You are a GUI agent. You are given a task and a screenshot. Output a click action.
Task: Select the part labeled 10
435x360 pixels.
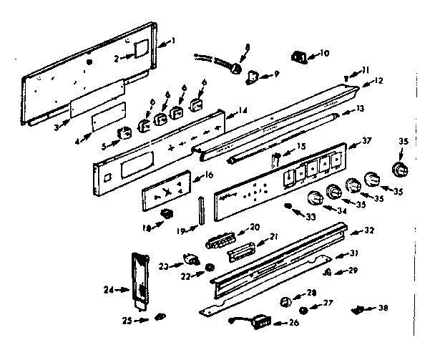point(298,56)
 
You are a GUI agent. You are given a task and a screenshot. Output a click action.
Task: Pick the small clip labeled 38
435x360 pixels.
point(362,310)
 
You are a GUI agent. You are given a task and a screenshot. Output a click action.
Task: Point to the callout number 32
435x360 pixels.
point(370,230)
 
